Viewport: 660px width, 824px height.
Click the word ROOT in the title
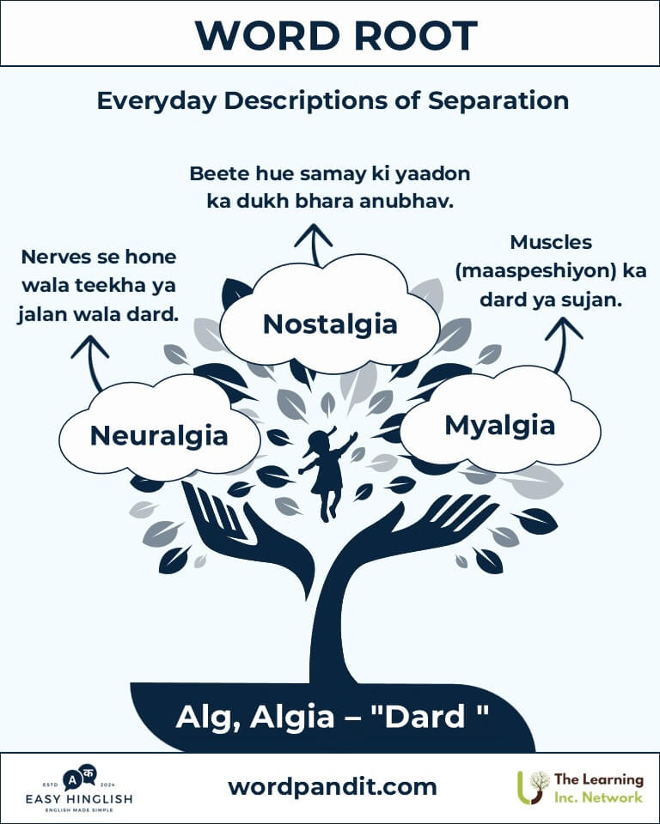point(415,36)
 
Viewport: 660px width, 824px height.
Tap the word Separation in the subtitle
point(498,101)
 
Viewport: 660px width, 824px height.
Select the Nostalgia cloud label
point(330,324)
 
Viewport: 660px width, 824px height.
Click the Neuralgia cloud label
point(159,436)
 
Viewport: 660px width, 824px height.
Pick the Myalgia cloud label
point(500,426)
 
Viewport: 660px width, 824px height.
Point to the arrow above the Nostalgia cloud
point(315,245)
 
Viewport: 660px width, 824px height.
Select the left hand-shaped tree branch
point(247,539)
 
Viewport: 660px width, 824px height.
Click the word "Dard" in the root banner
point(426,717)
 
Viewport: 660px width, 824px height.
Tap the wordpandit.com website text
point(332,787)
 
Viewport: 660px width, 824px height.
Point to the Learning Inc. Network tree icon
point(533,787)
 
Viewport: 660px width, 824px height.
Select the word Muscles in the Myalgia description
point(551,242)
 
